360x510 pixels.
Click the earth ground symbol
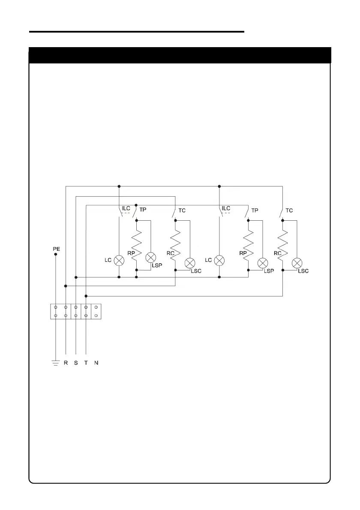pos(55,363)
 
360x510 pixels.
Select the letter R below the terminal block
pos(66,363)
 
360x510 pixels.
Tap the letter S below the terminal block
pos(76,363)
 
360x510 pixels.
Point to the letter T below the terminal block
pos(86,363)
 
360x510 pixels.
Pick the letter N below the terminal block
pos(96,363)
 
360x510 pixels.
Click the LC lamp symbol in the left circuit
pos(119,260)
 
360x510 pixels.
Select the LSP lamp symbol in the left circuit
pos(150,258)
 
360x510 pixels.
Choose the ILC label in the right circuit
pos(226,209)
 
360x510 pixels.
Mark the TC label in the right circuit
pos(289,210)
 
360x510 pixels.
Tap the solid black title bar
pos(180,55)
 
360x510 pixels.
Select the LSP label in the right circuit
pos(269,271)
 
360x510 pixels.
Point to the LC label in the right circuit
pos(209,260)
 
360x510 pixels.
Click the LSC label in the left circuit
pos(196,271)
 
